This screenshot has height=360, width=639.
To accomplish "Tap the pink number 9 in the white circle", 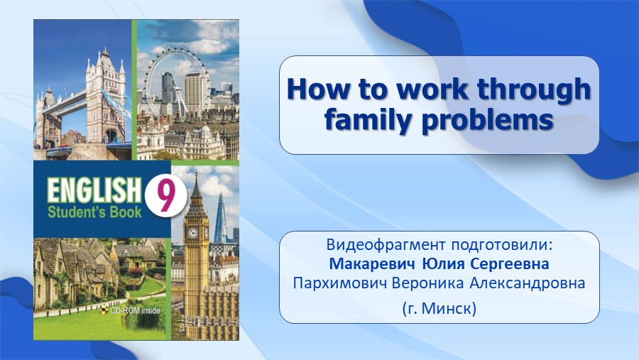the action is pos(165,196).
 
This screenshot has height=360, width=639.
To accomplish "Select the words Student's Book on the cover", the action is pos(94,212).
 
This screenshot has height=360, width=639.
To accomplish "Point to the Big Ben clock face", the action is pos(192,233).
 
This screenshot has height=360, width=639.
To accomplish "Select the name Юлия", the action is pos(442,263).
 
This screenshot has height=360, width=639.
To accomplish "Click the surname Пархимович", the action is pos(339,283).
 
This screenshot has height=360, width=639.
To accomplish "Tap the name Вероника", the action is pos(428,283).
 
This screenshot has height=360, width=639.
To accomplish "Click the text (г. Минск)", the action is pos(439,308).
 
